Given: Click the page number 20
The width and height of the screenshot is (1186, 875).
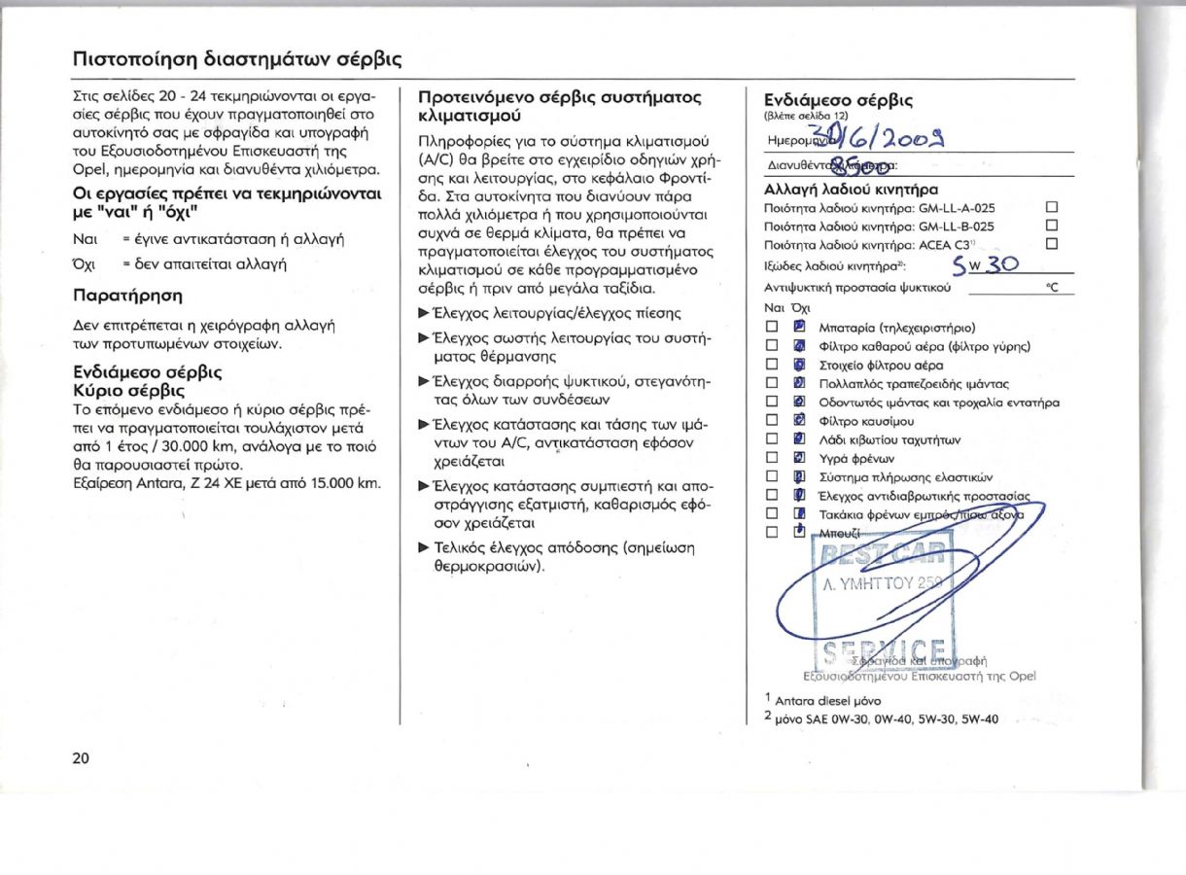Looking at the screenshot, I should pos(81,758).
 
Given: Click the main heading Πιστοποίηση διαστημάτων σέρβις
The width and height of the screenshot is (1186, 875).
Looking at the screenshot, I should pos(237,58).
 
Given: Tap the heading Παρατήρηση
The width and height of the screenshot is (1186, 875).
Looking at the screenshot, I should pos(127,295).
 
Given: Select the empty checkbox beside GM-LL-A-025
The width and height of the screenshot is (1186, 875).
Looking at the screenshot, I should pos(1050,207).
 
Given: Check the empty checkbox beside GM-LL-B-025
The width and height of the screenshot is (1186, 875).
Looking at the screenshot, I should pos(1050,226).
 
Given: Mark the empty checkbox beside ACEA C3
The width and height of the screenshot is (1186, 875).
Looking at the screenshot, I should pos(1050,244).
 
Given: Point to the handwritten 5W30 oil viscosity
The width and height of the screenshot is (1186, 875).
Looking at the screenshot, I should pos(983,264).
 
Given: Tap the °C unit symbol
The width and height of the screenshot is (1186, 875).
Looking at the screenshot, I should pos(1050,288).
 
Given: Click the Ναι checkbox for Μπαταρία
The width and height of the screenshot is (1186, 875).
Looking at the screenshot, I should pos(772,327).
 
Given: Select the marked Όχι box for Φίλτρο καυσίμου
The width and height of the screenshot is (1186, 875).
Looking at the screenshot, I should pos(799,420).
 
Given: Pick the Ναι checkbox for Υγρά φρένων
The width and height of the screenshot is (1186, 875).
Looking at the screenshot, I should pos(772,457).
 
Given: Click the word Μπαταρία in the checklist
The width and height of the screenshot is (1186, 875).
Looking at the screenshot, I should pos(849,327).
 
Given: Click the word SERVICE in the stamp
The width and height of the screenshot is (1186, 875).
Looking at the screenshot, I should pos(885,649).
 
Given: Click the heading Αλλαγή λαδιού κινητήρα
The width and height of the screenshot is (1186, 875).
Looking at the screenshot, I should pos(851,190).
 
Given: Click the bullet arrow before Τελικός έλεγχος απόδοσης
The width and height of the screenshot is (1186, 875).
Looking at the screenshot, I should pos(423,546).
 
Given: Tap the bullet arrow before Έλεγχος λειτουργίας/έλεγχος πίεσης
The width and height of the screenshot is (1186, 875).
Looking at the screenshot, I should pos(423,313).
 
